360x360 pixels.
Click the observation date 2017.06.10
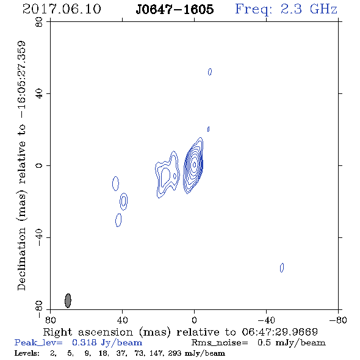point(62,9)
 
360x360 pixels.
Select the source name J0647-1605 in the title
point(175,9)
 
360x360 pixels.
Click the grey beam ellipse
point(68,300)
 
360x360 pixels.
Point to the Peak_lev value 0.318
point(84,342)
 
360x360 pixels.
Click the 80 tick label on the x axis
point(50,320)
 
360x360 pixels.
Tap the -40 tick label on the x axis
point(266,320)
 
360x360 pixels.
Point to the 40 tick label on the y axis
point(39,93)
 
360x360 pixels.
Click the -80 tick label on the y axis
point(39,309)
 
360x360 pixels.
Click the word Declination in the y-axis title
point(21,259)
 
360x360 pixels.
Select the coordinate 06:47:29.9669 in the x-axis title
point(279,332)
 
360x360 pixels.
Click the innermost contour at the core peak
point(194,165)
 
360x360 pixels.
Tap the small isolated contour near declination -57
point(282,267)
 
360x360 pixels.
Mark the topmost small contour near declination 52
point(210,72)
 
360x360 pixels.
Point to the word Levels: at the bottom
point(27,353)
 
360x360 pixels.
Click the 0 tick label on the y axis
point(39,165)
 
